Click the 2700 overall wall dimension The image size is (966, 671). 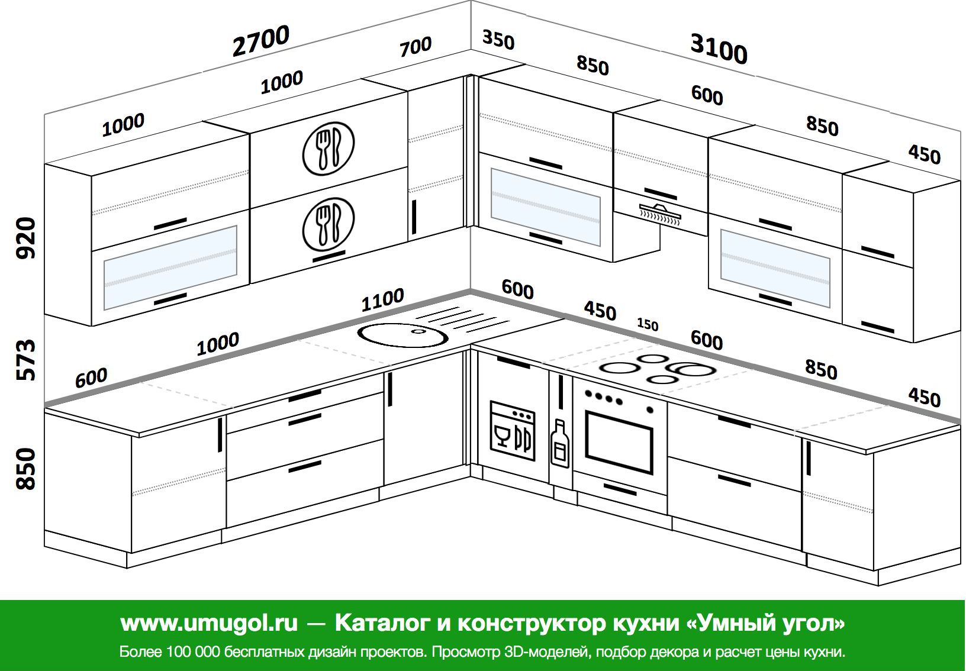coord(261,41)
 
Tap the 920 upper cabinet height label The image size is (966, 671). coord(26,238)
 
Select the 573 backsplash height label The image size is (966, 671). coord(26,360)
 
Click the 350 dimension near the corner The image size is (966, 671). coord(498,40)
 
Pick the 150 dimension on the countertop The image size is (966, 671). coord(648,324)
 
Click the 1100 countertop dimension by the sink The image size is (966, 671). coord(382,300)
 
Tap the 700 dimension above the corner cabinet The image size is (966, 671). coord(416,47)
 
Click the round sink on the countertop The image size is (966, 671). coord(402,335)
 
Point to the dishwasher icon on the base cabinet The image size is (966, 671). coord(513,431)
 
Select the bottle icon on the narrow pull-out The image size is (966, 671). coord(560,443)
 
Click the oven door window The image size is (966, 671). coord(619,443)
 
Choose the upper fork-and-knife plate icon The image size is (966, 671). coord(329,149)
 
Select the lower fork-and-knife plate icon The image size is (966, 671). coord(329,224)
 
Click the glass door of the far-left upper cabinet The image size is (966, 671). coord(170,267)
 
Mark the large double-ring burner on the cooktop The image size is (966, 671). coord(691,369)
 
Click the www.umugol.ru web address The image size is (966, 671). coord(209,623)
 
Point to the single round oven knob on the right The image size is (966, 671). coord(650,409)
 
